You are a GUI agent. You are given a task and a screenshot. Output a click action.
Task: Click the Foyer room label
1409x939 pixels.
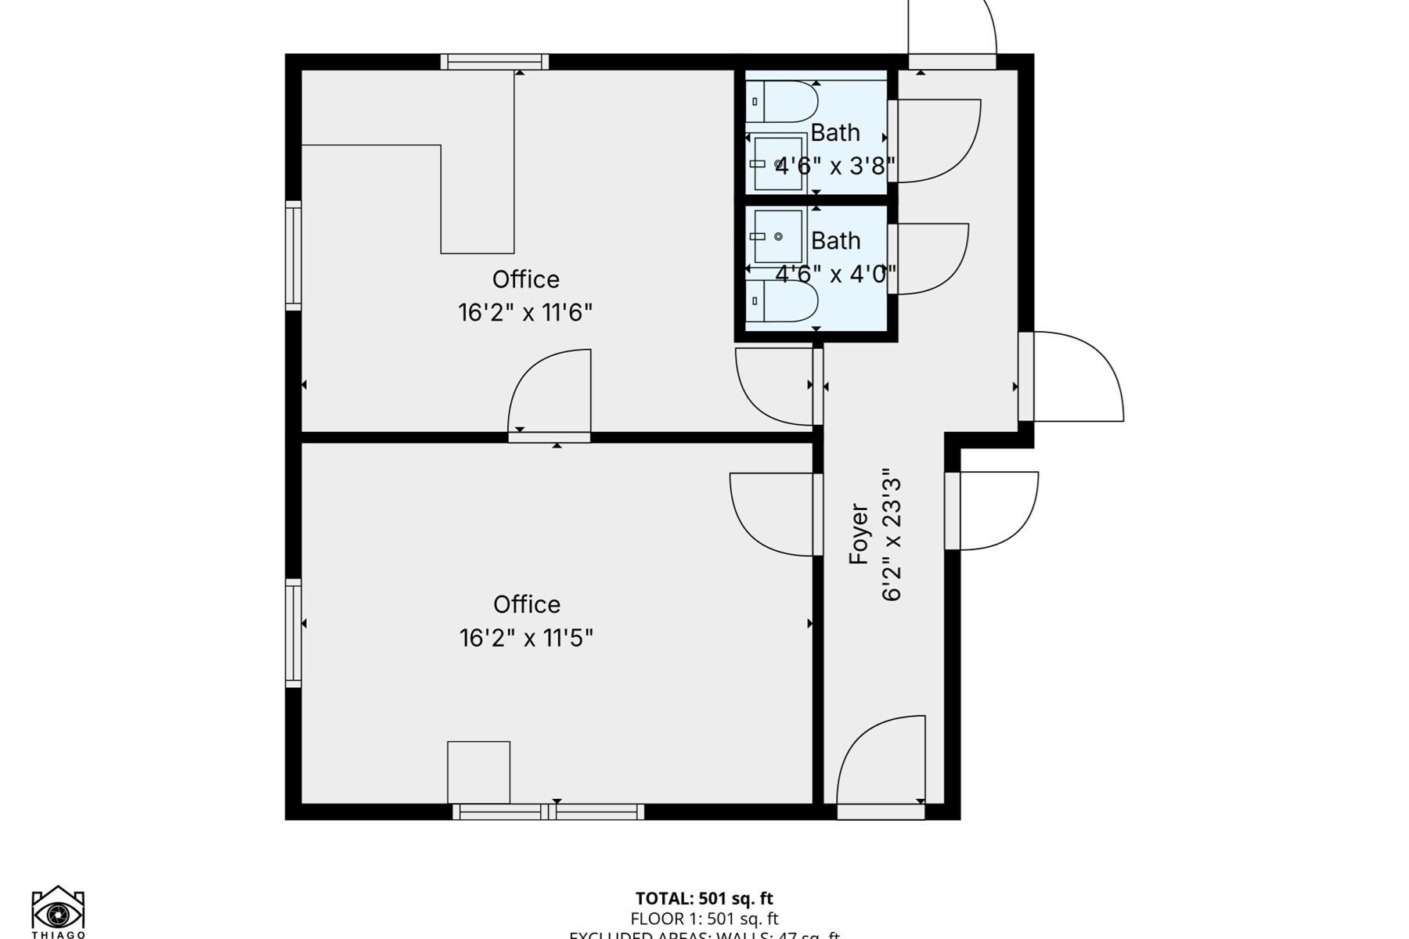point(859,534)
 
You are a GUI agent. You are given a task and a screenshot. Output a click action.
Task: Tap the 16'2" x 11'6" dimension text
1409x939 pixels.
point(525,313)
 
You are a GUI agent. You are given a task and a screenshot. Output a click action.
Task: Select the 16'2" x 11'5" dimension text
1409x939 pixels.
point(526,639)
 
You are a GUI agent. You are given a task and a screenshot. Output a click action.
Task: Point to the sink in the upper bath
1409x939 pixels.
point(778,164)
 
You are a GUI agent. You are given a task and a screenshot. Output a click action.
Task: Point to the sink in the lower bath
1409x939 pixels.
point(778,236)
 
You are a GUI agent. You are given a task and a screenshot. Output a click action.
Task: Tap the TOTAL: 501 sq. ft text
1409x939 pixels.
point(704,898)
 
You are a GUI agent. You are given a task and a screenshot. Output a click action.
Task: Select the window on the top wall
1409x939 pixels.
point(494,62)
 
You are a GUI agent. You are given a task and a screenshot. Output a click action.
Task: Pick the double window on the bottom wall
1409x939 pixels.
point(548,812)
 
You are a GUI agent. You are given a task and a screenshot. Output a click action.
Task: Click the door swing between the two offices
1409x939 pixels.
point(548,391)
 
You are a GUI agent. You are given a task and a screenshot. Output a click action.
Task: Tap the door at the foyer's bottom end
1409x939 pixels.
point(881,763)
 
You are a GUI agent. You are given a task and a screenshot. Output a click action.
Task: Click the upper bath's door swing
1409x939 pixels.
point(935,141)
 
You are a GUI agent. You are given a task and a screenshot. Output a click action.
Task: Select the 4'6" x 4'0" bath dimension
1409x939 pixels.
point(835,275)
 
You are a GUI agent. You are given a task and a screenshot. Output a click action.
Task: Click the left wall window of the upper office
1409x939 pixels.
point(293,255)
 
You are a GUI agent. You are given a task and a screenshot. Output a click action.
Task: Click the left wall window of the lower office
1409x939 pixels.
point(293,633)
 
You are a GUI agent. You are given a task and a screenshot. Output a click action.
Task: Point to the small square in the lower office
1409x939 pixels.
point(478,772)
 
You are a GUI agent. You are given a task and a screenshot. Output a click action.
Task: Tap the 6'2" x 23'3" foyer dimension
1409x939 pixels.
point(892,535)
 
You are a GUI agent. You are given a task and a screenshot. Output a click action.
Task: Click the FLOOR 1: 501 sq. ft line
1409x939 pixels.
point(704,919)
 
